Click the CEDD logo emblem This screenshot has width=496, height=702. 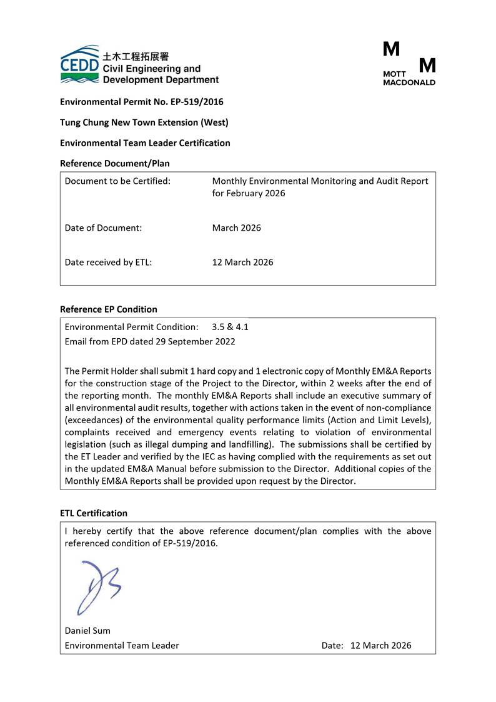tap(79, 64)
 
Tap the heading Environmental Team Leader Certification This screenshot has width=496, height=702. tap(145, 143)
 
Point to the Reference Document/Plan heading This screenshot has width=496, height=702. tap(114, 164)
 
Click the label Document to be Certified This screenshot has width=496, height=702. tap(117, 181)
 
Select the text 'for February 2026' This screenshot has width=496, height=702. tap(249, 193)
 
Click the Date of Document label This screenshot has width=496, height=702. tap(103, 228)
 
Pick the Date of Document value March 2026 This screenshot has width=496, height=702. tap(237, 228)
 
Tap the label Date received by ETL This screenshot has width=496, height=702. tap(108, 263)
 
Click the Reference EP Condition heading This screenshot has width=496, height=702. tap(108, 309)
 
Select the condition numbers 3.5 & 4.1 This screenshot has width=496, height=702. tap(230, 327)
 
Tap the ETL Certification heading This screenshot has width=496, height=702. tap(93, 513)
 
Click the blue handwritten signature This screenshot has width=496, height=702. tap(97, 586)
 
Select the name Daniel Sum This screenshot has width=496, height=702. tap(87, 630)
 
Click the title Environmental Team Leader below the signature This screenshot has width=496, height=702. tap(122, 645)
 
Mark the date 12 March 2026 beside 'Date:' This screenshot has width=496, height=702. tap(381, 645)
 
